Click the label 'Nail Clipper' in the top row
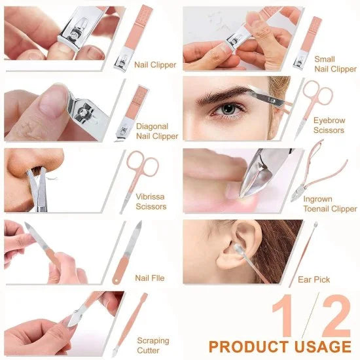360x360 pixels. (156, 64)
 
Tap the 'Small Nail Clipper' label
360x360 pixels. (334, 64)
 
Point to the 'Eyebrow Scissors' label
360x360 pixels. (328, 125)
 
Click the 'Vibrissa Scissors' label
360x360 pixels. (151, 202)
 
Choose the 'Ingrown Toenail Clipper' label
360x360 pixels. (330, 204)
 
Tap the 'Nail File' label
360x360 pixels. (150, 278)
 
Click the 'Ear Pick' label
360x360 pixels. (314, 279)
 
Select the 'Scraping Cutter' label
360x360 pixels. (153, 345)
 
